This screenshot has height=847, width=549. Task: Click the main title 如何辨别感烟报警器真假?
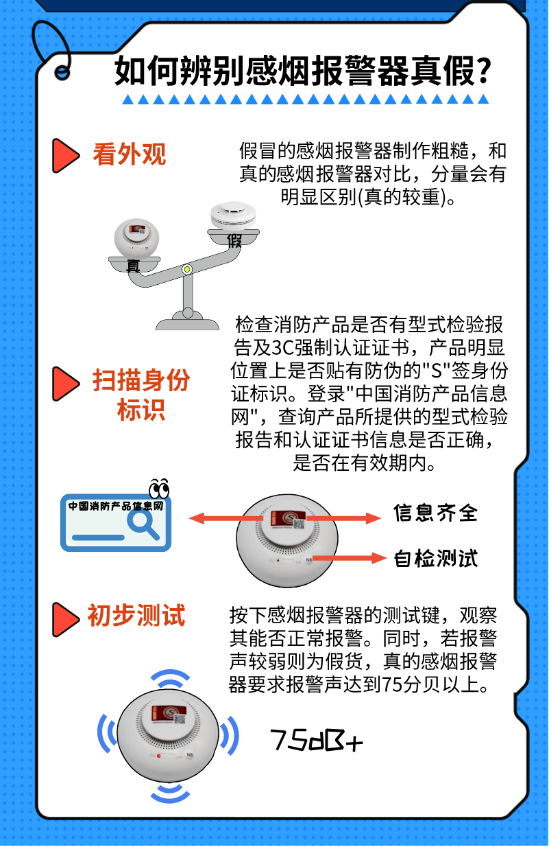click(x=302, y=71)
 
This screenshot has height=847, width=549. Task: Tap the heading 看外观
click(x=130, y=154)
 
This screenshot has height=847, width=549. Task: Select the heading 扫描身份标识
click(x=141, y=395)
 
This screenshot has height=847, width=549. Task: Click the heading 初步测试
click(x=136, y=615)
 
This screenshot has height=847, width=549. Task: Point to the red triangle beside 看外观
click(x=65, y=155)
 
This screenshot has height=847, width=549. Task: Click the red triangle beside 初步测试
click(x=65, y=618)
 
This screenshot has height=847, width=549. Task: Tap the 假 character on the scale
click(x=234, y=241)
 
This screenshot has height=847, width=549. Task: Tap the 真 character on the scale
click(x=133, y=266)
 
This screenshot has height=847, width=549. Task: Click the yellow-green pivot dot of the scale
click(x=186, y=269)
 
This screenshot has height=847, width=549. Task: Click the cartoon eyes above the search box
click(x=159, y=489)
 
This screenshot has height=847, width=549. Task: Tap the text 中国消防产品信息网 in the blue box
click(x=115, y=506)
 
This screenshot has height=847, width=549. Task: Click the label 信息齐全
click(x=436, y=513)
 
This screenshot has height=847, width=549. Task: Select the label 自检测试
click(x=436, y=558)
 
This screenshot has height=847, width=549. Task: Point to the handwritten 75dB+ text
click(x=317, y=740)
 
